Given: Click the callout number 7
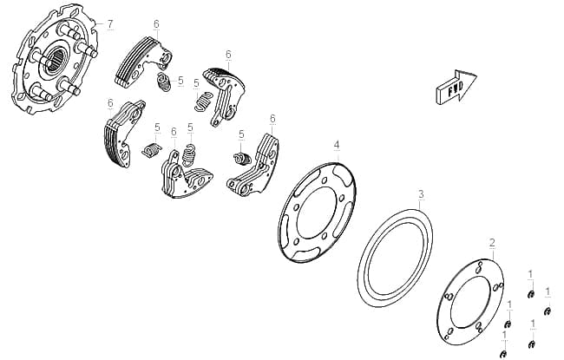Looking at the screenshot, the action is tap(110, 24).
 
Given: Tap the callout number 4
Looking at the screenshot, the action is tap(337, 145).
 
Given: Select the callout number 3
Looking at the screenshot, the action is tap(421, 194).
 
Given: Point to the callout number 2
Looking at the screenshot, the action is tap(493, 243).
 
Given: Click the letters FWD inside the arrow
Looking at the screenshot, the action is tap(455, 88).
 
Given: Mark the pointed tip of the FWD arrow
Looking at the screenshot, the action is tap(477, 75).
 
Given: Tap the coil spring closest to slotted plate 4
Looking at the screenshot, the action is tap(242, 158).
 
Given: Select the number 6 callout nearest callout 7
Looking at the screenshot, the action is tap(156, 24).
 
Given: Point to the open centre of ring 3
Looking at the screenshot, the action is tap(395, 259).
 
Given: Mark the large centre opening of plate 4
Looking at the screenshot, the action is tap(317, 213).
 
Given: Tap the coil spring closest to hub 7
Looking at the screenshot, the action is tap(164, 82).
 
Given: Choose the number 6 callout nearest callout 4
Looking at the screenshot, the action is tap(272, 119).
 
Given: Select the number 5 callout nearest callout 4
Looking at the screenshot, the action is tap(241, 134).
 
